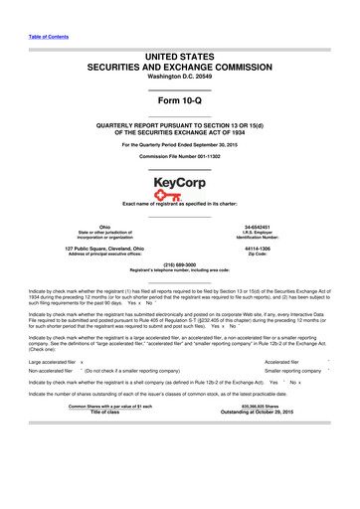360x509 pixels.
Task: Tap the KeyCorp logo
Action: (179, 187)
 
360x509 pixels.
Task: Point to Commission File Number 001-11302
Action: (179, 157)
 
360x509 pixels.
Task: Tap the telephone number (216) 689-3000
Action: (179, 265)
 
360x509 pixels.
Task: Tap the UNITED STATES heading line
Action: (179, 49)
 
